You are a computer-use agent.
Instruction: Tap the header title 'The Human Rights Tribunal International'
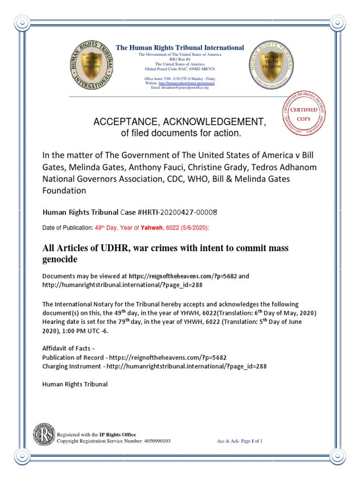(180, 48)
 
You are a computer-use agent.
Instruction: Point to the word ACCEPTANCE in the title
(123, 122)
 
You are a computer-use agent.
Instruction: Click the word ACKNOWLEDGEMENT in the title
(213, 122)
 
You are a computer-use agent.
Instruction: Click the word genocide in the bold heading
(60, 259)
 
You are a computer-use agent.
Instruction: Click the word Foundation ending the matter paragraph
(64, 191)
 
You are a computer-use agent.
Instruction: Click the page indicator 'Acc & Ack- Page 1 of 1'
(240, 441)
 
